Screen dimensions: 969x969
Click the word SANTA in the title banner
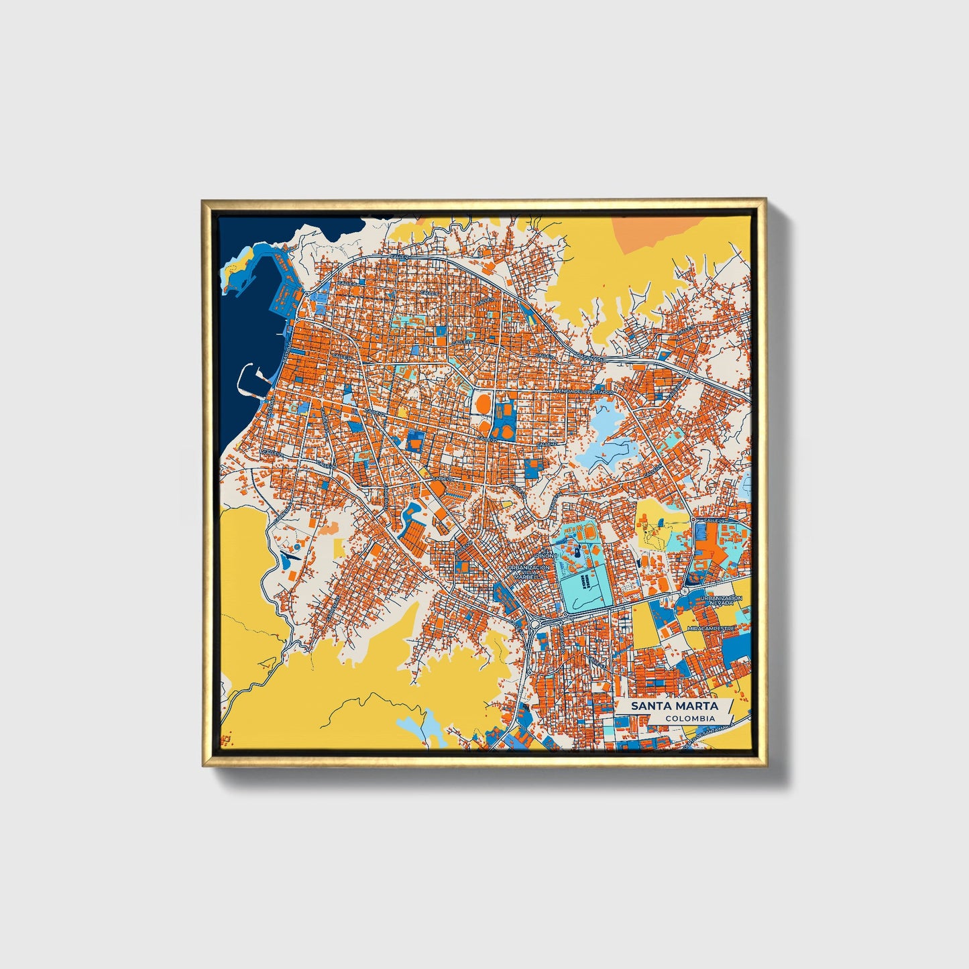(x=652, y=705)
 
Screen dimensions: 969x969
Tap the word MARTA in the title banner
(x=697, y=705)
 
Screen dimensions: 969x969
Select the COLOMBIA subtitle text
(x=690, y=718)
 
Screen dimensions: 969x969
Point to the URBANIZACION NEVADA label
(x=721, y=600)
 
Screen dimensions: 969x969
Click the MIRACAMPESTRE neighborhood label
(x=711, y=628)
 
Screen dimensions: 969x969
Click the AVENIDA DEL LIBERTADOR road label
(x=583, y=390)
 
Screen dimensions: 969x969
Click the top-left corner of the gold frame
(x=204, y=201)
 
